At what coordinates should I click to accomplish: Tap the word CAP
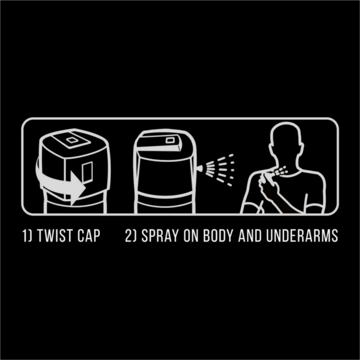(89, 235)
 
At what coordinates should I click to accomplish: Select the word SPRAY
(160, 235)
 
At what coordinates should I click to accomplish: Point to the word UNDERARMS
(302, 235)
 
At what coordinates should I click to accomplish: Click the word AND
(250, 235)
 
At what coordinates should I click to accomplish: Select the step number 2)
(131, 235)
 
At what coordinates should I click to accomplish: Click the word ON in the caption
(191, 235)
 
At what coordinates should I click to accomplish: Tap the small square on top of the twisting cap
(72, 140)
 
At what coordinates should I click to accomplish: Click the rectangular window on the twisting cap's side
(87, 172)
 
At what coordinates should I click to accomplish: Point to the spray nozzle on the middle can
(199, 169)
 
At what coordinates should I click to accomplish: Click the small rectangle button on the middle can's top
(170, 140)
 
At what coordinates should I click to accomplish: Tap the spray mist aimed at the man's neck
(280, 171)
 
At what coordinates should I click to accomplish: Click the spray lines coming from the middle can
(220, 170)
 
